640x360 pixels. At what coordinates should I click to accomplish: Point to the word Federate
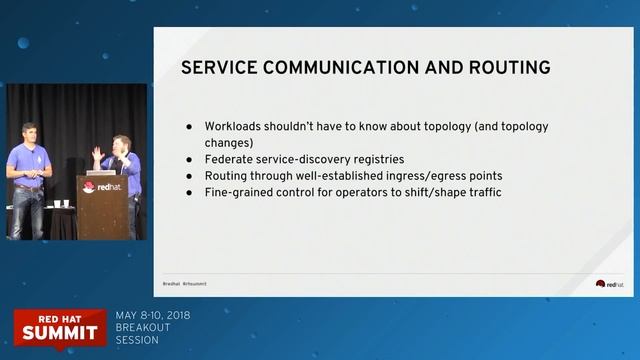230,159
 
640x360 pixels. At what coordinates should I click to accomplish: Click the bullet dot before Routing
190,175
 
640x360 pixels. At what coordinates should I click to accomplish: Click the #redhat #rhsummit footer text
184,283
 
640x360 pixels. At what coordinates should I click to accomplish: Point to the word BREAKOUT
141,327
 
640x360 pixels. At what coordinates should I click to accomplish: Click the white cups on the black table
59,204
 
